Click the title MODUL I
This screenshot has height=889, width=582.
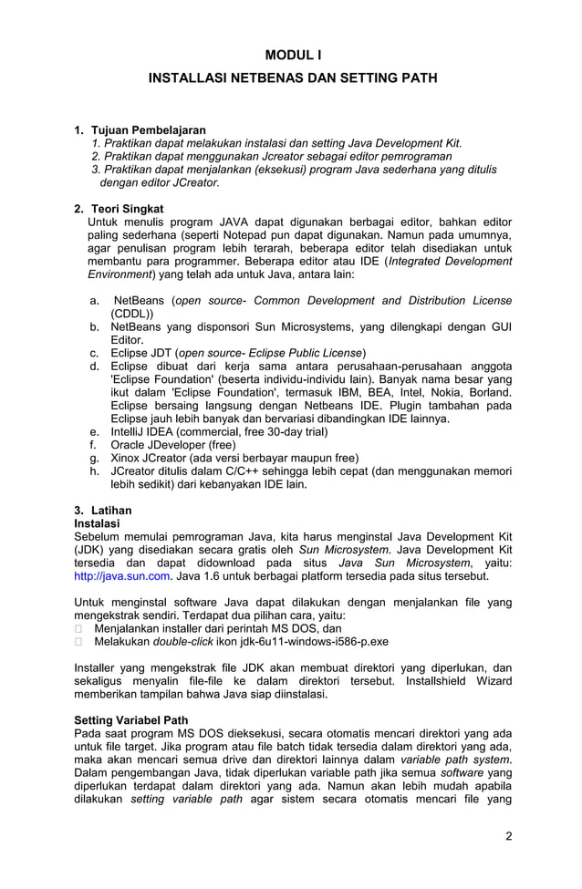coord(293,56)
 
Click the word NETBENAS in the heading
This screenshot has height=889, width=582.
coord(248,79)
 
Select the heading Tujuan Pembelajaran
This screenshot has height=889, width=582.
coord(148,130)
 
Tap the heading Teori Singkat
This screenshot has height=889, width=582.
coord(127,209)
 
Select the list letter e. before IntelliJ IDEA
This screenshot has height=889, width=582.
coord(95,431)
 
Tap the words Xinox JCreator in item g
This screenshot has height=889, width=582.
coord(152,458)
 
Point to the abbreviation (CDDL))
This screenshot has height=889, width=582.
coord(132,314)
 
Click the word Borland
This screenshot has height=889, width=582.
coord(489,392)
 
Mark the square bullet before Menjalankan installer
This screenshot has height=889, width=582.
coord(78,628)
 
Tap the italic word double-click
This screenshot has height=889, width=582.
coord(182,641)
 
